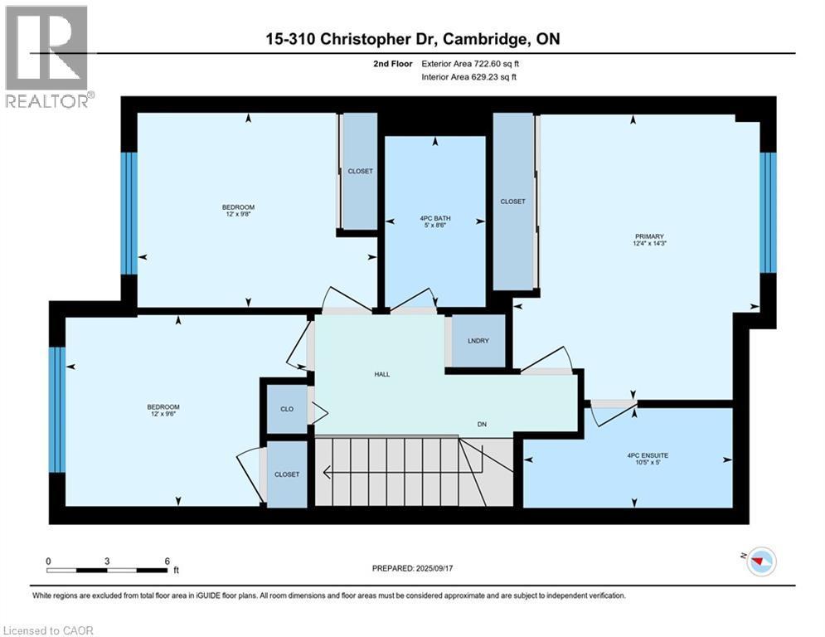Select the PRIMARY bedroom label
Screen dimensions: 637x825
(644, 236)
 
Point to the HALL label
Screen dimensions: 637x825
(381, 374)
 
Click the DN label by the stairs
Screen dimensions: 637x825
(481, 424)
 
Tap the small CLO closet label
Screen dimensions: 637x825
(286, 410)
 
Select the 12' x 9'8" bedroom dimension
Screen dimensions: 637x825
(238, 215)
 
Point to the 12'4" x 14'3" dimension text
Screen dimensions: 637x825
(644, 244)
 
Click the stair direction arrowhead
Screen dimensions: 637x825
(328, 473)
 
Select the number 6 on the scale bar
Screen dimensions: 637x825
(167, 561)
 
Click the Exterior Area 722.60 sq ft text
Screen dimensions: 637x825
(473, 64)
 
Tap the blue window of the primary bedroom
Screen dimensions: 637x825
(768, 212)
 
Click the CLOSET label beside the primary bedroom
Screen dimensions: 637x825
(512, 202)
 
